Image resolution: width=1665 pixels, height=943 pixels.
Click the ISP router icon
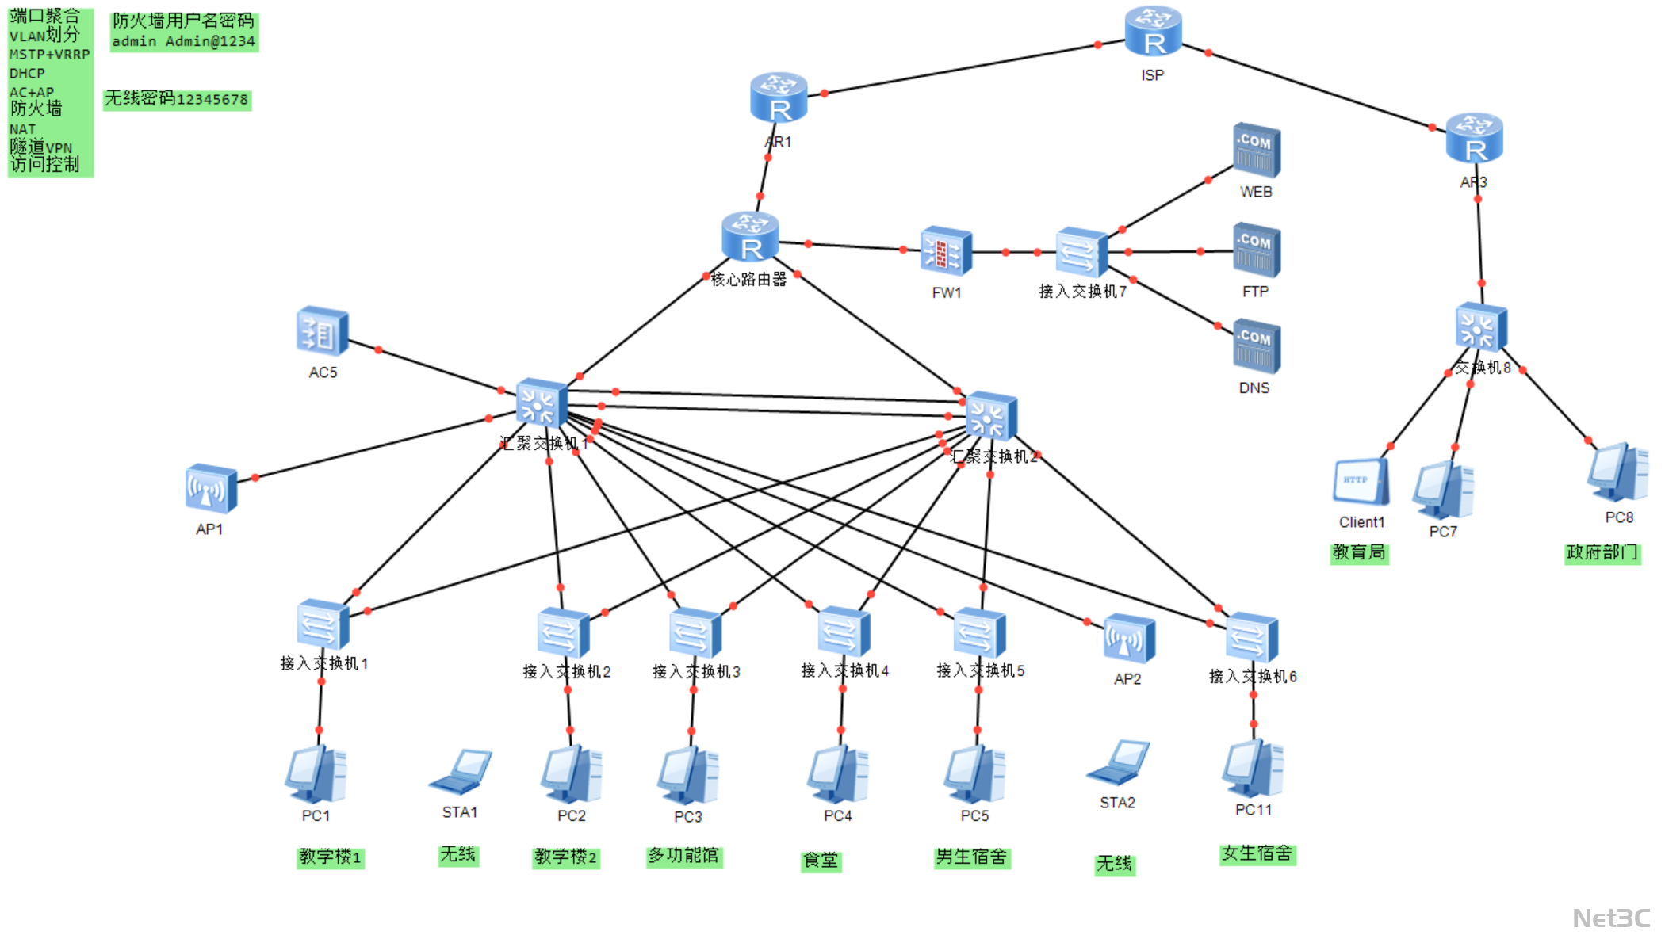point(1153,32)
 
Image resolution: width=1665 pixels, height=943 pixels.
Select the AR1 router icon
point(779,98)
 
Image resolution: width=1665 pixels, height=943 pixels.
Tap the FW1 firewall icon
point(946,253)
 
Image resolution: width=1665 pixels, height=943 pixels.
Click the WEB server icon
point(1256,151)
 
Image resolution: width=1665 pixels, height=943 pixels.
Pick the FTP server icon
point(1256,250)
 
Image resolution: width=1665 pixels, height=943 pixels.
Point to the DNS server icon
point(1256,346)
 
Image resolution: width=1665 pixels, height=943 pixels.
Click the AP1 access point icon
point(211,490)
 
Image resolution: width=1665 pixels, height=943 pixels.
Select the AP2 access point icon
point(1128,639)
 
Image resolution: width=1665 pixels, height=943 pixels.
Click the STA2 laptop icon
point(1118,763)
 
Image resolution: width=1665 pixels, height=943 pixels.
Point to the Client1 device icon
point(1361,482)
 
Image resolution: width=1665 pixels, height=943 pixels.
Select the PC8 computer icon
point(1617,472)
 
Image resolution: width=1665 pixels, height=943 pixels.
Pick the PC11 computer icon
point(1253,769)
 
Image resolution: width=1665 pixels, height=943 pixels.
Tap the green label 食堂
point(821,861)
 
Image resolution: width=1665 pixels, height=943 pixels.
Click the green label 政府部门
point(1602,552)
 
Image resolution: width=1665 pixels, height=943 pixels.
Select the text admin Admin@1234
point(183,41)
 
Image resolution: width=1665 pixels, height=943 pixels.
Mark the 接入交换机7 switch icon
point(1081,253)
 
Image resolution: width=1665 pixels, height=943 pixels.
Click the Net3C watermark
point(1611,918)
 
